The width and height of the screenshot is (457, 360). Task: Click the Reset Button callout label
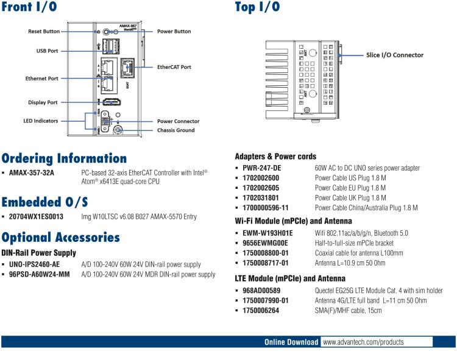44,31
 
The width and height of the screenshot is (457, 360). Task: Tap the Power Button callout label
174,31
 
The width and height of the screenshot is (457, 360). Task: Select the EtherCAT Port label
174,67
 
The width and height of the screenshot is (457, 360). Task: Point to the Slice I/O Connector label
394,55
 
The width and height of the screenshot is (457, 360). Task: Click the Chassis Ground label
176,130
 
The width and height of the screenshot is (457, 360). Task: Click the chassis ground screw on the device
118,130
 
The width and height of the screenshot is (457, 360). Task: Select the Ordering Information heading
64,158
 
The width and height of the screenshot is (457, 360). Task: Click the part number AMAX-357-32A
32,173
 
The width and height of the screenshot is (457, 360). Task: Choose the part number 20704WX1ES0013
37,216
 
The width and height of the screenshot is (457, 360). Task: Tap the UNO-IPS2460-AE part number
35,264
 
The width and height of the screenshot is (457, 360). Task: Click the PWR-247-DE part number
261,168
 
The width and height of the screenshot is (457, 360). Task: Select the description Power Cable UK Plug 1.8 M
350,198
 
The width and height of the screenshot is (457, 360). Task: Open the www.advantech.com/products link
363,342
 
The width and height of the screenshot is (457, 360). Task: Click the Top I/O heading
258,7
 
